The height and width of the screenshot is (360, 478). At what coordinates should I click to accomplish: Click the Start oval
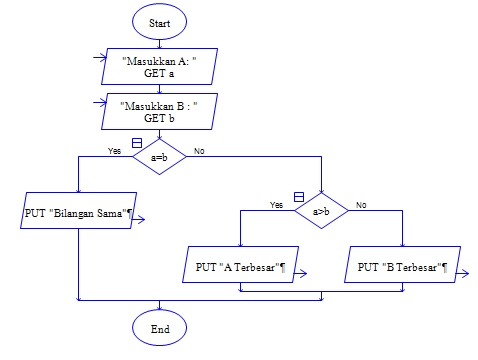tap(160, 21)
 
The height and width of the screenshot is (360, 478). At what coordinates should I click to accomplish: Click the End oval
tap(160, 327)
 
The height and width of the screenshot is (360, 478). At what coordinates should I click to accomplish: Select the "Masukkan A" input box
tap(160, 67)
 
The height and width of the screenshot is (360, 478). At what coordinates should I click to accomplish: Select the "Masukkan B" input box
tap(160, 110)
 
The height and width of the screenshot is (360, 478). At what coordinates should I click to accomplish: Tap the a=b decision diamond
tap(160, 157)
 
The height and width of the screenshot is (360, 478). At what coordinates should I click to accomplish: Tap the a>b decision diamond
tap(321, 211)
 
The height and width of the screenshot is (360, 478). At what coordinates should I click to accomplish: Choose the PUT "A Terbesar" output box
tap(240, 267)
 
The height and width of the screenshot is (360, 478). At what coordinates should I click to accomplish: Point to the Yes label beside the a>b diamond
tap(277, 204)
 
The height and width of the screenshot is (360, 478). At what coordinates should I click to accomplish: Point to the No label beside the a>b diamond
tap(361, 204)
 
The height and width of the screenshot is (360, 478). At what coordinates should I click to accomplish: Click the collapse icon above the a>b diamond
tap(297, 196)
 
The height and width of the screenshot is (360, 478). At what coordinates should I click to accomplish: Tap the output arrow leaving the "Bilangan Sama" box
tap(140, 222)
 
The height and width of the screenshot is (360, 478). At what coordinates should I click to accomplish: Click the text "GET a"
tap(159, 74)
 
